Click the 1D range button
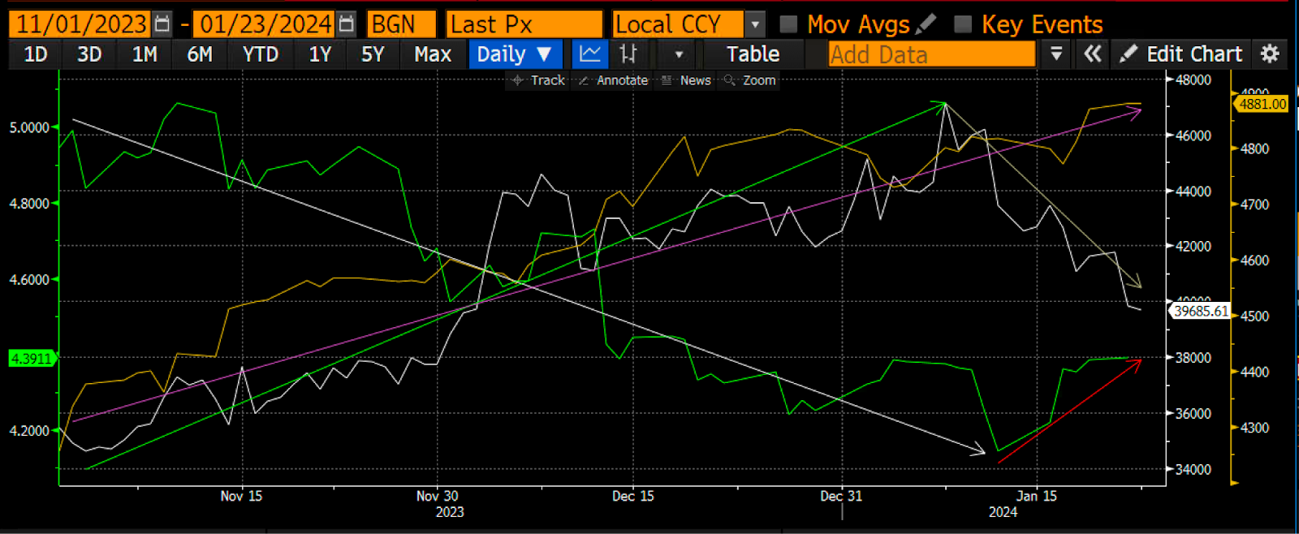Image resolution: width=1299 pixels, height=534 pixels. tap(36, 54)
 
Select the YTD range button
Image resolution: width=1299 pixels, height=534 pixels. tap(260, 54)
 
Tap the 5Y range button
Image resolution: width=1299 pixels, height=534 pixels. tap(373, 54)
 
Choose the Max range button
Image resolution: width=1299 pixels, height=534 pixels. tap(432, 54)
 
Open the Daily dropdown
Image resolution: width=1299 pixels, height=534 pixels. tap(514, 54)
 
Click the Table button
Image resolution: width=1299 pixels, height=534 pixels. tap(753, 54)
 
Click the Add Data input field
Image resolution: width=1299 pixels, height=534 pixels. tap(931, 54)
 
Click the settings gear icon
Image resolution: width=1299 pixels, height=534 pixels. tap(1270, 54)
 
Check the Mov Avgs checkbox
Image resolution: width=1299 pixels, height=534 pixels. tap(788, 24)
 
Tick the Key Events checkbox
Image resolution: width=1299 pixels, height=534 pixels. tap(963, 24)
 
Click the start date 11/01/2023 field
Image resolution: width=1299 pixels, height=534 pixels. tap(81, 24)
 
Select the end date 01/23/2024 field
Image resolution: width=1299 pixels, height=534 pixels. tap(265, 24)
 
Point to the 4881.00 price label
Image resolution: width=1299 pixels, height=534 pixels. tap(1262, 104)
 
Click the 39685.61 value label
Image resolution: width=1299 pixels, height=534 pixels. tap(1201, 311)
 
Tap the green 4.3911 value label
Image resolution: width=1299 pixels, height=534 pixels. tap(31, 358)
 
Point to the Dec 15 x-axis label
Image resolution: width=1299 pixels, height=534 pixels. tap(632, 496)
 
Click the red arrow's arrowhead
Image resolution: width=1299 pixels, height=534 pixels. tap(1138, 362)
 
